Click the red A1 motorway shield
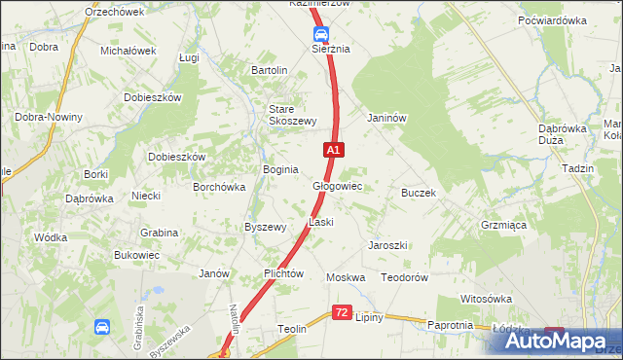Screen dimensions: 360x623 point(333,150)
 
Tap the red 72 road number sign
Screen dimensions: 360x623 point(341,312)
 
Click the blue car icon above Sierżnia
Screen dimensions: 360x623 point(319,34)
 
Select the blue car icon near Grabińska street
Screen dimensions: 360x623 point(102,328)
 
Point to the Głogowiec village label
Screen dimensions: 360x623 point(337,186)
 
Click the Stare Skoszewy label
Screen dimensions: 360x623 point(293,115)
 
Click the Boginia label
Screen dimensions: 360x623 point(280,169)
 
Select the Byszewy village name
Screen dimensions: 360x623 point(265,227)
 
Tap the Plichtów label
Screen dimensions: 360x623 point(284,274)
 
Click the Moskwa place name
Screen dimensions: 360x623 point(346,277)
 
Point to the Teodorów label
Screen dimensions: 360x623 point(405,277)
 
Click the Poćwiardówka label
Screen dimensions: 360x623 point(552,19)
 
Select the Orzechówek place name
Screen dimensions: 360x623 point(114,12)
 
